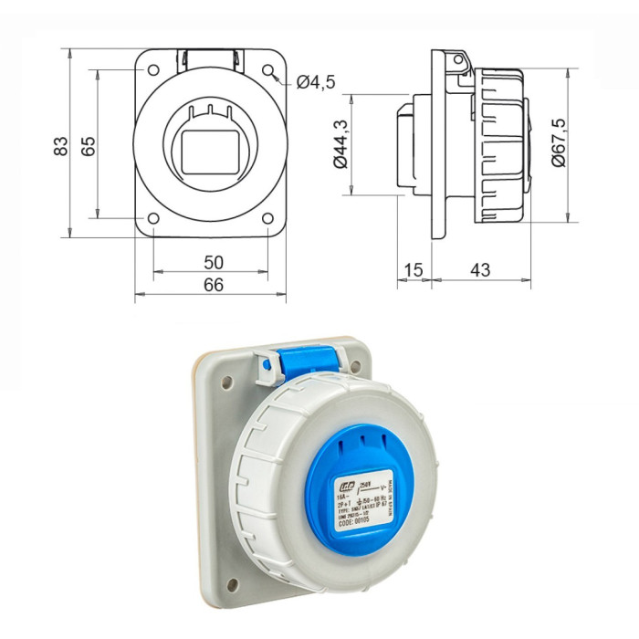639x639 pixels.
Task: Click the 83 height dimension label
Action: point(60,146)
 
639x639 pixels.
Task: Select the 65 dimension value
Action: point(89,146)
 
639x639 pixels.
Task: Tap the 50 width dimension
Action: point(212,262)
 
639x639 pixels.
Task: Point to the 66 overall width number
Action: point(212,286)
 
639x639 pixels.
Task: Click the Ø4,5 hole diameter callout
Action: point(316,83)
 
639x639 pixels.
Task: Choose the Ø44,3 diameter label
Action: point(340,144)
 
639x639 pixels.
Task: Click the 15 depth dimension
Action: point(413,271)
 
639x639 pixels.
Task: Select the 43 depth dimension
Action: point(479,271)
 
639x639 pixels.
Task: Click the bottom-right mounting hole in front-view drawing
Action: point(267,218)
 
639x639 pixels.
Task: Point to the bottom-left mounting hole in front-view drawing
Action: point(153,218)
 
